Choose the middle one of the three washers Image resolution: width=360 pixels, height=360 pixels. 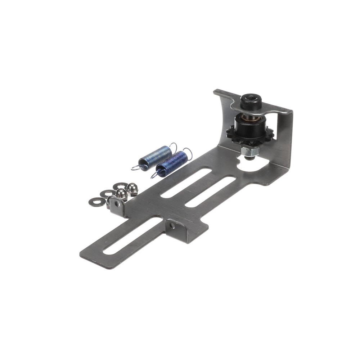click(x=107, y=194)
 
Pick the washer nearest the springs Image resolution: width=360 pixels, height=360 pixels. click(x=120, y=186)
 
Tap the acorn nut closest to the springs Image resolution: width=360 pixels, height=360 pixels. click(x=132, y=188)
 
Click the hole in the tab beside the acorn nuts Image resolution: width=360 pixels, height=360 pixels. click(x=117, y=204)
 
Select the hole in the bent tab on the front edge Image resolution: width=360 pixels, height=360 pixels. click(x=173, y=226)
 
